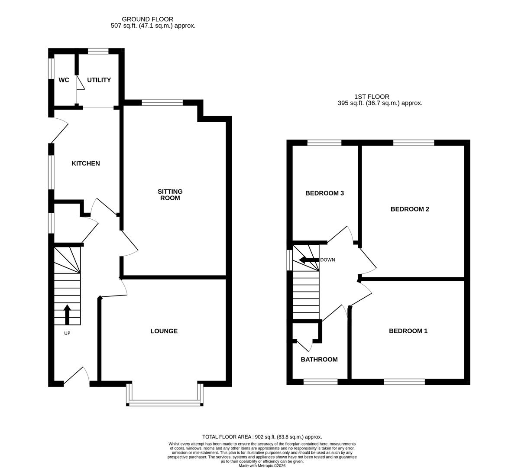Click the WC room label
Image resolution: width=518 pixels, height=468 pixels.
click(x=64, y=80)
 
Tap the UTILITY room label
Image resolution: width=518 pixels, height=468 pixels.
click(x=99, y=80)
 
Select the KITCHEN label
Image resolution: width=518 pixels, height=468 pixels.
click(x=86, y=163)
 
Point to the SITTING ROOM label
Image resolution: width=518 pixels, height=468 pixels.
click(x=170, y=195)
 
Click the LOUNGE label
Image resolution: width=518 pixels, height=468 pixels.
click(x=164, y=331)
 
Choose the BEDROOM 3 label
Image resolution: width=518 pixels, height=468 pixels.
click(x=324, y=193)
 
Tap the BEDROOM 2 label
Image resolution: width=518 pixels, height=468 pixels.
click(x=410, y=209)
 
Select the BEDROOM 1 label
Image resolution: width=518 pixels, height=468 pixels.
click(x=408, y=331)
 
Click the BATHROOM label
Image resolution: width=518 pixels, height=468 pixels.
click(x=319, y=359)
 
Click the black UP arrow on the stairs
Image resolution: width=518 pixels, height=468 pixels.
click(x=67, y=314)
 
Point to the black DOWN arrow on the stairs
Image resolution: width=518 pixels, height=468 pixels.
click(x=308, y=260)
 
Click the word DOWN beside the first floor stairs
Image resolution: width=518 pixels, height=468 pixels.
click(x=327, y=260)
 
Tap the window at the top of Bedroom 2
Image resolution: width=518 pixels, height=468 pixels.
click(x=414, y=143)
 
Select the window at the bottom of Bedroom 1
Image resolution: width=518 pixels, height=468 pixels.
click(x=404, y=382)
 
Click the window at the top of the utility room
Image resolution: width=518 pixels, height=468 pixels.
click(x=98, y=51)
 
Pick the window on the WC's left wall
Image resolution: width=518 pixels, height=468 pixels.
click(x=51, y=68)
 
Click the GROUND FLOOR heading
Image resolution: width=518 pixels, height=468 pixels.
click(x=147, y=19)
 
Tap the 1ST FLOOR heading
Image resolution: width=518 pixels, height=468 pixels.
click(x=372, y=97)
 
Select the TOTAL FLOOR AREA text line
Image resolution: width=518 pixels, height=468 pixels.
click(x=262, y=437)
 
